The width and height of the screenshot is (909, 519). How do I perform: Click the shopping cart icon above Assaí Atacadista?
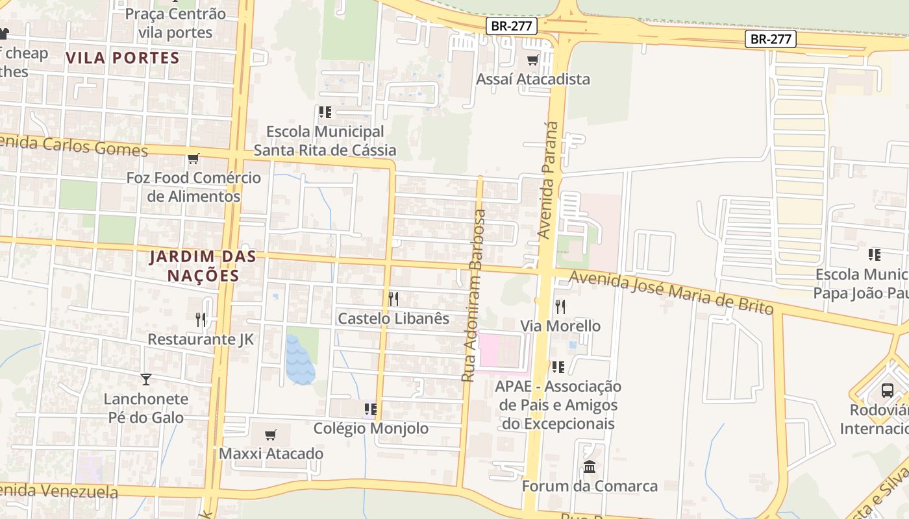533,60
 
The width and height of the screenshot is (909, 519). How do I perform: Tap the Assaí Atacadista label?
533,79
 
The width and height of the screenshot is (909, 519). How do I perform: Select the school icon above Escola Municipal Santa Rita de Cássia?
325,112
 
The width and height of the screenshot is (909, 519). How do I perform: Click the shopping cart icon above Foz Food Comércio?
193,159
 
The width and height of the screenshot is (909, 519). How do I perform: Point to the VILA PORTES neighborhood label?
122,57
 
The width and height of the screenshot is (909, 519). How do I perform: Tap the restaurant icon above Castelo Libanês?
393,299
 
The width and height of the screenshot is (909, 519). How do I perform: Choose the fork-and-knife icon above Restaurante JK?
201,320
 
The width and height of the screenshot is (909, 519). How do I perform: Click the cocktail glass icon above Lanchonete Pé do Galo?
146,380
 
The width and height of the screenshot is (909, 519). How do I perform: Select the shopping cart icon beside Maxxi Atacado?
271,435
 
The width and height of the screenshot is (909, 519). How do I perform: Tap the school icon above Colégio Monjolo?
371,409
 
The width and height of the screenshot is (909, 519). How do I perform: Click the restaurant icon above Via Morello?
560,306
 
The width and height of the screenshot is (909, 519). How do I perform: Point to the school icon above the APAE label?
558,367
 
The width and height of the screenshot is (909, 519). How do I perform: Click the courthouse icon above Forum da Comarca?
590,466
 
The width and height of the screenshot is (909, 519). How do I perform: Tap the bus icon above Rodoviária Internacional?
888,391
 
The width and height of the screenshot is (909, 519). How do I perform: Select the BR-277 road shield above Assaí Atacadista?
512,26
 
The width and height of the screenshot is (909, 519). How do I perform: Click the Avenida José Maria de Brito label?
671,293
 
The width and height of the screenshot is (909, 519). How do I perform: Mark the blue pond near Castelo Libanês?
299,360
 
